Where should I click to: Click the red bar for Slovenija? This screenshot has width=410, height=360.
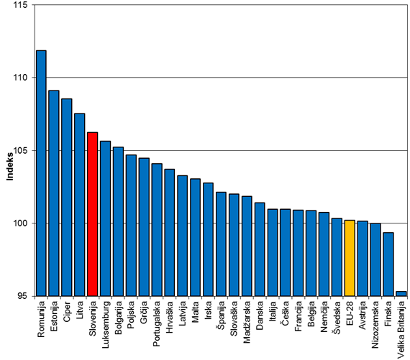point(93,214)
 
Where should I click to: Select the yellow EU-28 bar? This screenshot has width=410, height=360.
point(350,258)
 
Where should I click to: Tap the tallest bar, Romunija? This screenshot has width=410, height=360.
point(41,173)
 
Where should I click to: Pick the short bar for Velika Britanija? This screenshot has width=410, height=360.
point(401,294)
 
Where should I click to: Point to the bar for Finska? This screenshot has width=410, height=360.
point(388,264)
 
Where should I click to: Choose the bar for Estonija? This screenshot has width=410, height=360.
point(54,193)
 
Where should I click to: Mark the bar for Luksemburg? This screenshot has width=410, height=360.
point(105,218)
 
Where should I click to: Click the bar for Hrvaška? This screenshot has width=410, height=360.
point(170,233)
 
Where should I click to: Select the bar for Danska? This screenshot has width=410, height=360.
point(260,249)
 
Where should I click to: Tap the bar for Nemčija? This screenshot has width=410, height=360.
point(324,254)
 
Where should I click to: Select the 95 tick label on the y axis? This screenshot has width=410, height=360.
point(23,296)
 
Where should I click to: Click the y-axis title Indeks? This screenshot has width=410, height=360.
point(10,167)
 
